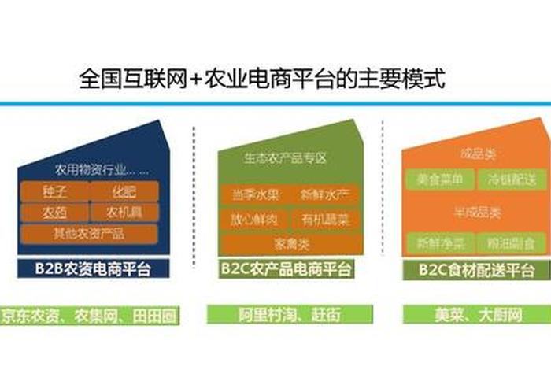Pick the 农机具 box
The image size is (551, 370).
click(124, 212)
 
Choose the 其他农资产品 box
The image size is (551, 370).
click(89, 234)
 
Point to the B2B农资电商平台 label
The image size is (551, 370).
click(94, 269)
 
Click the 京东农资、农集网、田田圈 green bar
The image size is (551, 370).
click(89, 314)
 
